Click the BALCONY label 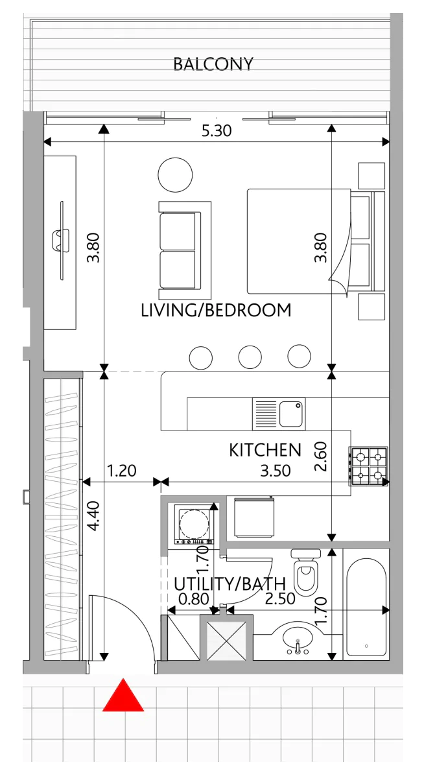[x=213, y=64]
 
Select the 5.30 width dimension [x=217, y=131]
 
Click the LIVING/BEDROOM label [x=216, y=311]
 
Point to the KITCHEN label [x=265, y=450]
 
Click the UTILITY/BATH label [x=230, y=584]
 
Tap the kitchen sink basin [x=291, y=414]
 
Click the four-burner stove [x=368, y=466]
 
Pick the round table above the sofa [x=175, y=174]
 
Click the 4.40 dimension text [x=93, y=515]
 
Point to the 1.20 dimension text [x=121, y=471]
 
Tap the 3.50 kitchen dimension [x=276, y=471]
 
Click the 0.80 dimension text [x=194, y=599]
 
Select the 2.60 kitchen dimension [x=320, y=456]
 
